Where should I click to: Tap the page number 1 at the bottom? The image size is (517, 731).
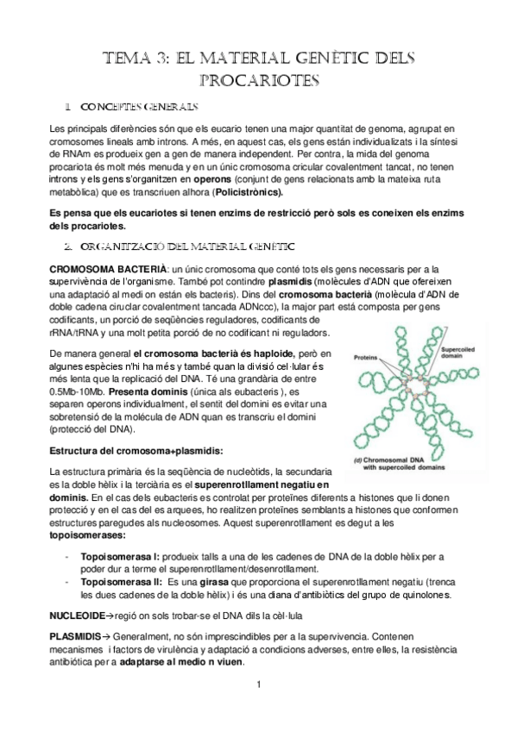click(x=258, y=687)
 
